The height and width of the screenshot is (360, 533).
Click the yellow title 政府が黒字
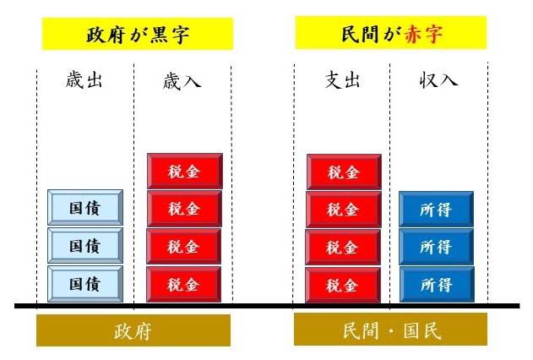pyautogui.click(x=137, y=35)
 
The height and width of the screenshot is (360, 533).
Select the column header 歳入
pyautogui.click(x=182, y=81)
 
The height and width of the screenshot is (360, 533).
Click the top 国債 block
pyautogui.click(x=84, y=208)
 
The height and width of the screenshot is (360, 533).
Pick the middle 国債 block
pyautogui.click(x=84, y=246)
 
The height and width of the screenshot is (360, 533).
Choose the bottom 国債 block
pyautogui.click(x=84, y=284)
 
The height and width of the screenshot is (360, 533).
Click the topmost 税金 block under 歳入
pyautogui.click(x=184, y=171)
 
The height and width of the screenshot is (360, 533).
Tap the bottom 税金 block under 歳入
pyautogui.click(x=184, y=285)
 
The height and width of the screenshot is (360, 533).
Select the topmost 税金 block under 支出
pyautogui.click(x=343, y=172)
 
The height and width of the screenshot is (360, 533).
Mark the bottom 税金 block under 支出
pyautogui.click(x=343, y=285)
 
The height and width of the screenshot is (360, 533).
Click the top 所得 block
pyautogui.click(x=436, y=209)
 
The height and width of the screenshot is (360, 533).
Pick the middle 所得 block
pyautogui.click(x=436, y=247)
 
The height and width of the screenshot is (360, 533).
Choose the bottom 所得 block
pyautogui.click(x=436, y=285)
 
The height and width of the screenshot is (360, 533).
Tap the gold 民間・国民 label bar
pyautogui.click(x=390, y=330)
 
